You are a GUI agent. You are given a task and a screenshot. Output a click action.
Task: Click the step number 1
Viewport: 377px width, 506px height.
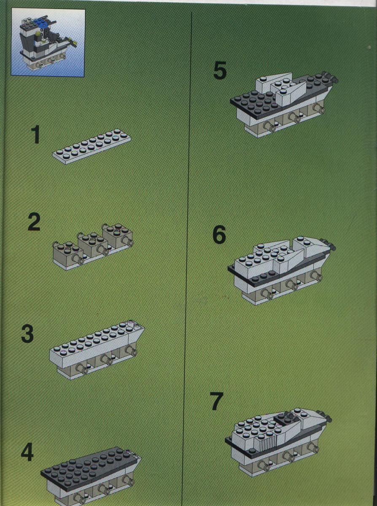(x=35, y=135)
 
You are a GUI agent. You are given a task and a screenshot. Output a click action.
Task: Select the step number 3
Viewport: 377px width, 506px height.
(x=27, y=333)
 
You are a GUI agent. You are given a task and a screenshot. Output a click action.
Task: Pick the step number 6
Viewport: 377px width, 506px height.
(x=219, y=234)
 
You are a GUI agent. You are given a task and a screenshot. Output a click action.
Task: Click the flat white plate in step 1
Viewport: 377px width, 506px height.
(x=92, y=147)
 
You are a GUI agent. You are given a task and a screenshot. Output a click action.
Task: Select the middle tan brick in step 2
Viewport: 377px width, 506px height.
(x=93, y=245)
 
